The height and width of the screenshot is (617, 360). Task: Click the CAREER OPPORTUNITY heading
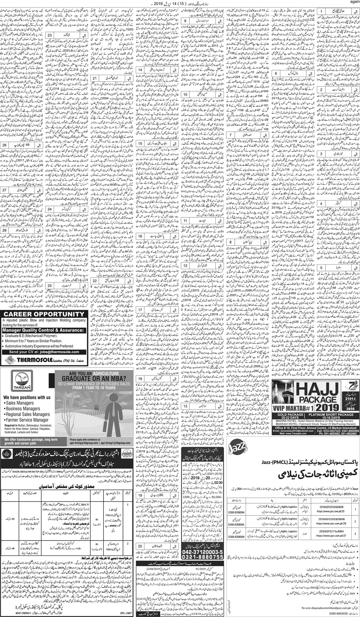coord(44,314)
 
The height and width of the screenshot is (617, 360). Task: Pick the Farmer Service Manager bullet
coord(27,420)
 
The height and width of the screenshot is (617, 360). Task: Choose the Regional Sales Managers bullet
coord(28,414)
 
